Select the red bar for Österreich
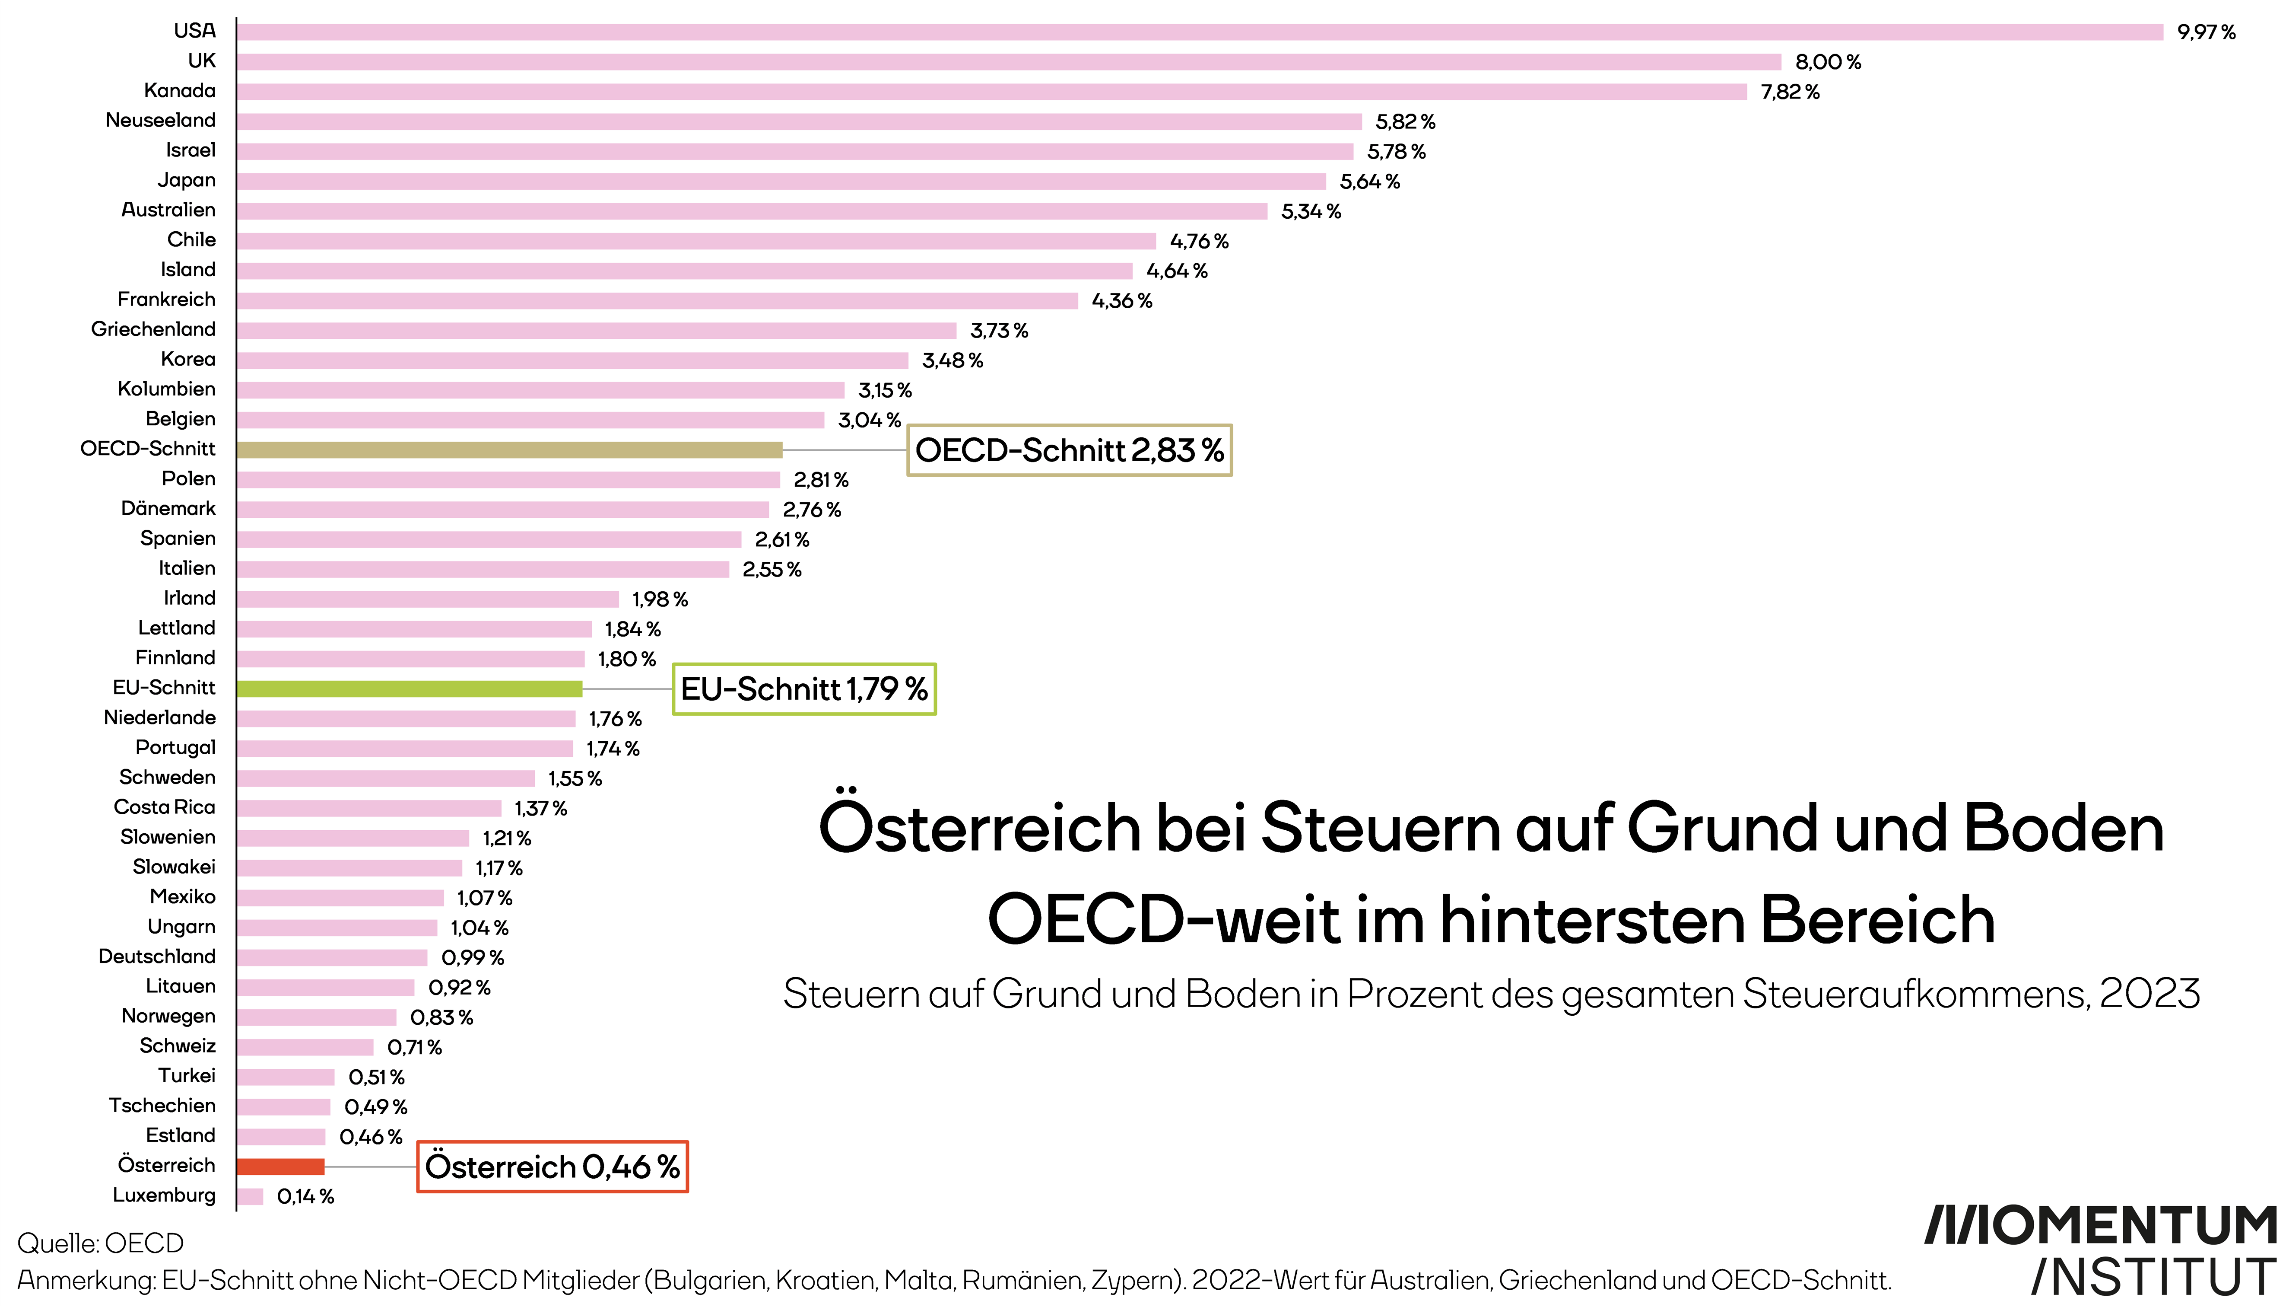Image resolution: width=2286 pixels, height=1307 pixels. [x=281, y=1166]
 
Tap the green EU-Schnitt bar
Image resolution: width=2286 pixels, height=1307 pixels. [x=409, y=689]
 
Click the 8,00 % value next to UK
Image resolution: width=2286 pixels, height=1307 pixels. [x=1828, y=62]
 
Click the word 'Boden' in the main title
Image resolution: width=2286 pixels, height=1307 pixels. [x=2064, y=828]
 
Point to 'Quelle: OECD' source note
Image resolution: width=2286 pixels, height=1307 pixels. [x=101, y=1243]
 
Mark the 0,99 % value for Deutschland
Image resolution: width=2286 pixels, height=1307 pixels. [x=473, y=958]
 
